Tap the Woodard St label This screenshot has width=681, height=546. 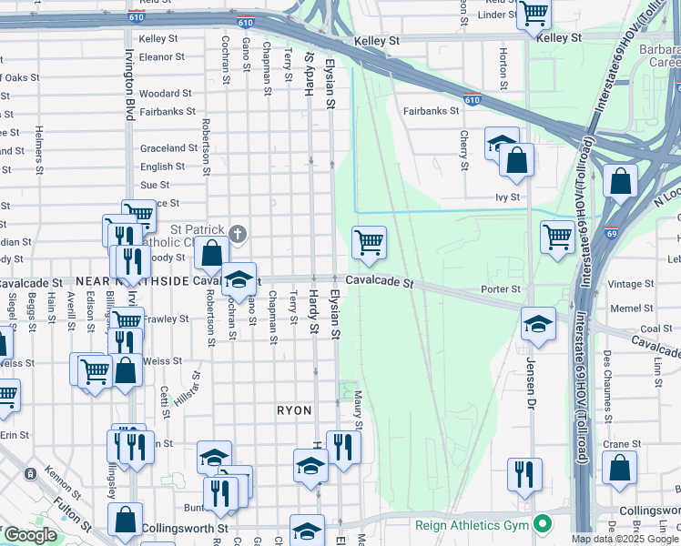point(165,93)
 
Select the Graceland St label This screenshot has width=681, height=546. point(168,148)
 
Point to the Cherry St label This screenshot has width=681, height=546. point(464,150)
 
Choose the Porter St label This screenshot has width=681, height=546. point(501,289)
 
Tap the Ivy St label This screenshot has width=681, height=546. point(507,197)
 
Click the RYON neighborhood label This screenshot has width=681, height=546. point(294,411)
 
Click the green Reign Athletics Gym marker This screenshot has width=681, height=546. point(543,524)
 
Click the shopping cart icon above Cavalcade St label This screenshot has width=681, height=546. point(369,243)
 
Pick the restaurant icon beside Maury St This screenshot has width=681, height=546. point(343,447)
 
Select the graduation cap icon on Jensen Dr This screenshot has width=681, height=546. point(538,324)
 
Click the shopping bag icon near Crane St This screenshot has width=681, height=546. point(619,468)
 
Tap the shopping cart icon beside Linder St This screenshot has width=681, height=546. point(534,15)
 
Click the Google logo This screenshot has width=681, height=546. point(30,535)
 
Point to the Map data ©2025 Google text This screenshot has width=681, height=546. point(625,539)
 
